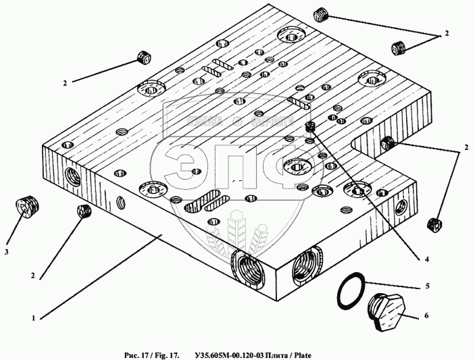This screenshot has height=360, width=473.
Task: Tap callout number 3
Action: [x=6, y=252]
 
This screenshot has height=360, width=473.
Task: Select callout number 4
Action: [x=427, y=258]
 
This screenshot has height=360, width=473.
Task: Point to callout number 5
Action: [x=427, y=286]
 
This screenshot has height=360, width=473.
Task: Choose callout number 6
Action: [x=427, y=315]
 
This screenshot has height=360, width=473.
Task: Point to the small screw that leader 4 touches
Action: [x=311, y=128]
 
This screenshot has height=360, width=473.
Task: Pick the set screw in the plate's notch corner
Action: [x=388, y=143]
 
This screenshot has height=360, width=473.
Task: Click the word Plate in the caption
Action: [x=301, y=355]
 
